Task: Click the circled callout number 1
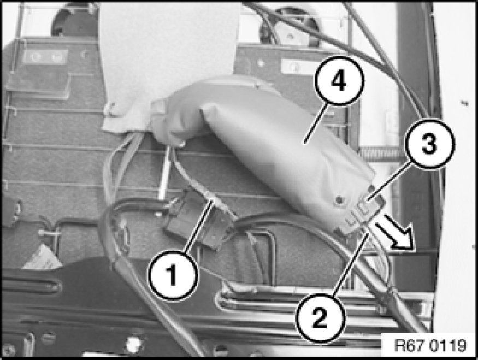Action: pyautogui.click(x=173, y=275)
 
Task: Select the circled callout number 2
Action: pyautogui.click(x=320, y=318)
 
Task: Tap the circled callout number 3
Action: pyautogui.click(x=429, y=144)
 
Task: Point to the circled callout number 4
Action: pyautogui.click(x=339, y=81)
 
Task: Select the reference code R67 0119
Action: pyautogui.click(x=430, y=345)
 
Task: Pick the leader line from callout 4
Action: pyautogui.click(x=316, y=123)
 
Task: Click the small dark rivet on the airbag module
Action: pyautogui.click(x=338, y=200)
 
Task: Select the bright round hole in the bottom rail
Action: pyautogui.click(x=134, y=344)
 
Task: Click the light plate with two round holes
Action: pyautogui.click(x=45, y=57)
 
